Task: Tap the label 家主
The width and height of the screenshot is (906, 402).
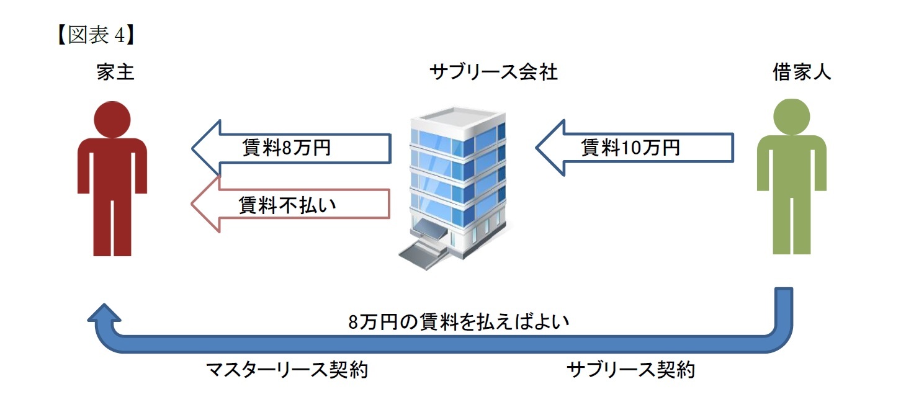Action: pos(115,73)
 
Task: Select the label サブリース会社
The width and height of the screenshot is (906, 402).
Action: pos(493,73)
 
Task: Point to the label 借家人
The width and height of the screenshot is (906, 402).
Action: pos(802,73)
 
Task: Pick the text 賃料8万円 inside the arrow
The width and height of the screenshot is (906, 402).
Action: pos(286,148)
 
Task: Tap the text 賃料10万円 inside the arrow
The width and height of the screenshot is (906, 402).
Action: pos(630,148)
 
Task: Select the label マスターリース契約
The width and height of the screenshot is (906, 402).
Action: pos(287,370)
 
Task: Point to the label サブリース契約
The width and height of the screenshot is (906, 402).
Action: pos(630,370)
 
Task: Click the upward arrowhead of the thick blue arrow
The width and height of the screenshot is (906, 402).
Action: pos(104,315)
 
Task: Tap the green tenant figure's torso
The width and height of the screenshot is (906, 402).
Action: pos(792,164)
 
